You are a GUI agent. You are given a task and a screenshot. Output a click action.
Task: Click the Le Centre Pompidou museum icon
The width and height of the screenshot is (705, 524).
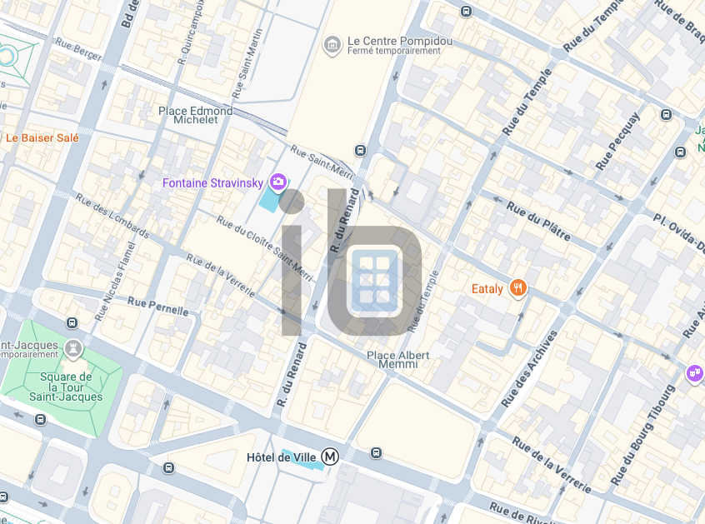pyautogui.click(x=332, y=43)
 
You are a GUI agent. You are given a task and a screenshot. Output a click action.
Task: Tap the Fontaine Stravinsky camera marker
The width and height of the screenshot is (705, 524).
pyautogui.click(x=278, y=182)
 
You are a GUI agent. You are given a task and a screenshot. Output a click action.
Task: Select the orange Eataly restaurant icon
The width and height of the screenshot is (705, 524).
pyautogui.click(x=518, y=288)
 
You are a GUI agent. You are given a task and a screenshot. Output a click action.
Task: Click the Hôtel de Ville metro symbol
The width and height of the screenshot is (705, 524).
pyautogui.click(x=332, y=457)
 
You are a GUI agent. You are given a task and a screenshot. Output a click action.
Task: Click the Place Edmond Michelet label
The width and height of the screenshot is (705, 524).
pyautogui.click(x=196, y=115)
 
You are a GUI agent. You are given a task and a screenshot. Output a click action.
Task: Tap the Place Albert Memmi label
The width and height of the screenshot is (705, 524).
pyautogui.click(x=398, y=359)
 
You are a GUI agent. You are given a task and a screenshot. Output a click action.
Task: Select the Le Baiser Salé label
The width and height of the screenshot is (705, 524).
pyautogui.click(x=42, y=137)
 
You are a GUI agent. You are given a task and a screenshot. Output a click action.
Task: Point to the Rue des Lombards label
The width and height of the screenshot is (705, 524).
pyautogui.click(x=112, y=216)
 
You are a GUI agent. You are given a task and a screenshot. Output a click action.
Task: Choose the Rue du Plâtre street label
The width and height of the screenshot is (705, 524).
pyautogui.click(x=538, y=220)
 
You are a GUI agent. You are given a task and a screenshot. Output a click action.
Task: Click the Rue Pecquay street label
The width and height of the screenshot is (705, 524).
pyautogui.click(x=617, y=142)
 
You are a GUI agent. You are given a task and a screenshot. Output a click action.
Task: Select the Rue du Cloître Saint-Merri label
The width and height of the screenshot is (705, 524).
pyautogui.click(x=263, y=248)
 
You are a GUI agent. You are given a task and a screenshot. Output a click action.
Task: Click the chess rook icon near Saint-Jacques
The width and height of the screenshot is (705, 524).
pyautogui.click(x=73, y=348)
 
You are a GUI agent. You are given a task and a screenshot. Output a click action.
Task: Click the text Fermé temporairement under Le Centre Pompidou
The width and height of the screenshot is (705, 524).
pyautogui.click(x=395, y=51)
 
